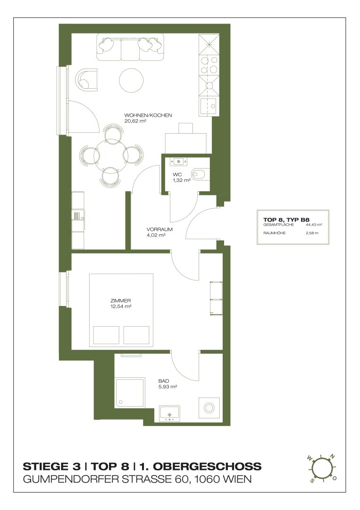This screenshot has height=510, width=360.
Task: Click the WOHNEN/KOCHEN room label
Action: tap(148, 115)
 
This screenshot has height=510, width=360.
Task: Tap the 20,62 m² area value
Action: tap(135, 121)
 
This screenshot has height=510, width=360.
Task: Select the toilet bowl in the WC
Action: tap(199, 174)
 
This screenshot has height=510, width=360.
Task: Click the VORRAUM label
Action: tap(159, 229)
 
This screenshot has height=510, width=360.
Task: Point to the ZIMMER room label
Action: tap(120, 300)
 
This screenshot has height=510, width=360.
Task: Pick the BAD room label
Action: tap(164, 381)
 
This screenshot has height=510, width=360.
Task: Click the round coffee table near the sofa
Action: tap(131, 80)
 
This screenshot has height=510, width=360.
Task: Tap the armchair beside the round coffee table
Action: tap(86, 80)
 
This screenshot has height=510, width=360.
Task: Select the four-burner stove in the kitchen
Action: tap(209, 65)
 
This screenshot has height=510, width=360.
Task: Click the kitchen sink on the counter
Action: tap(209, 106)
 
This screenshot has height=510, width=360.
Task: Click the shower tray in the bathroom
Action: tap(130, 392)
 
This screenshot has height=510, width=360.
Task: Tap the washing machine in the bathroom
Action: tap(209, 408)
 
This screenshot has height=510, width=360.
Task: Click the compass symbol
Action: tap(321, 467)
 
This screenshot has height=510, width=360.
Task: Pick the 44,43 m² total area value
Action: tap(314, 224)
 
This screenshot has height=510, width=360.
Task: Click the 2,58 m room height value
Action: tap(312, 233)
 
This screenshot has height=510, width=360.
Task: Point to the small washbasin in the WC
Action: tap(179, 161)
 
